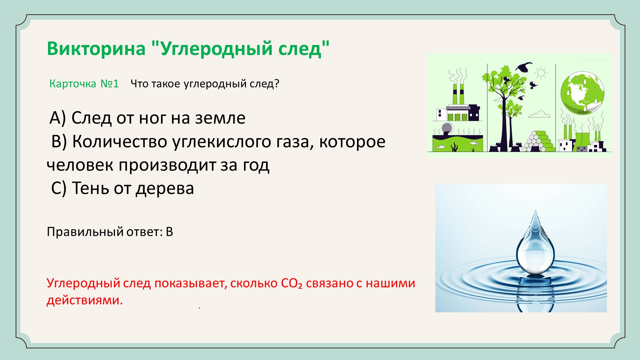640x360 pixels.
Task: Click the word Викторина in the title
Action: click(96, 48)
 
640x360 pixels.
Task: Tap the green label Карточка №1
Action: click(84, 83)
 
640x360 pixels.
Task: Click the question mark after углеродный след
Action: click(276, 83)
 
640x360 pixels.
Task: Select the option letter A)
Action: click(58, 118)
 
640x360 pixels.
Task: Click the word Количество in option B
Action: click(120, 141)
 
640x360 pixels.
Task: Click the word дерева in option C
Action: click(165, 189)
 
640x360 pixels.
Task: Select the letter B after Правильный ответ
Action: click(169, 232)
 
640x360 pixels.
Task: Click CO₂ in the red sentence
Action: click(292, 283)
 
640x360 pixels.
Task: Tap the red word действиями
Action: click(85, 300)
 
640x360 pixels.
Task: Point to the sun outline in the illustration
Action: click(541, 73)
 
